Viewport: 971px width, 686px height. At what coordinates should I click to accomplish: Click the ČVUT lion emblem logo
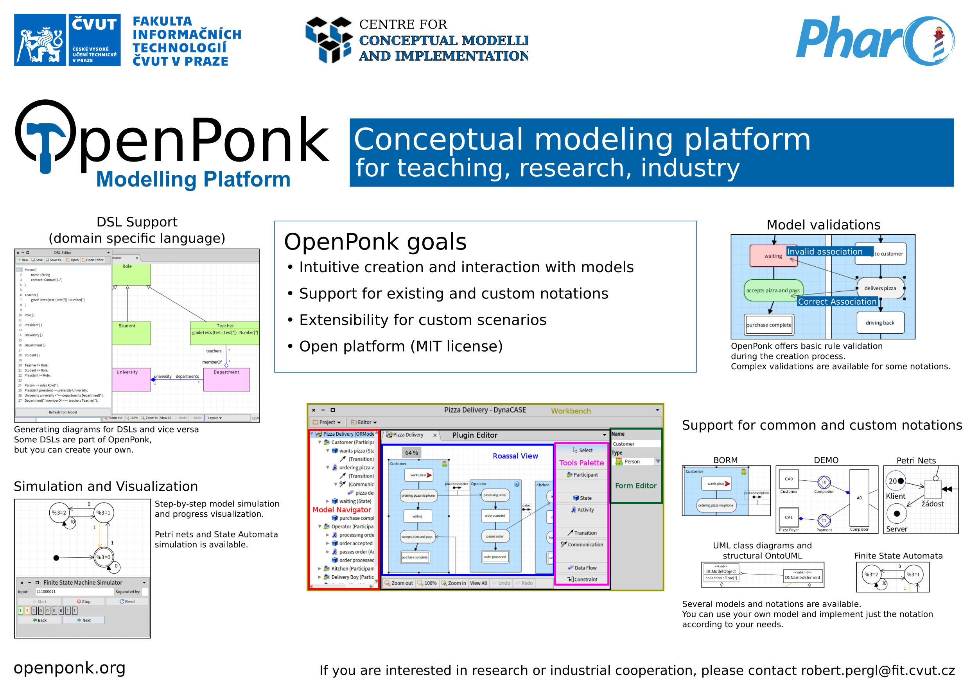(x=41, y=40)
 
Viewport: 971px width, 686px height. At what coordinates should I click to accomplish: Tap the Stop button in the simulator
(x=84, y=602)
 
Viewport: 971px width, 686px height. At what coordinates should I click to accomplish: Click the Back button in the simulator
(x=40, y=620)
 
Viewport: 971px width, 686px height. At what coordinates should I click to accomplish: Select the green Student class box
(x=131, y=333)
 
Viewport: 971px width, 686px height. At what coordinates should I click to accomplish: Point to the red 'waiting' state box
(x=773, y=256)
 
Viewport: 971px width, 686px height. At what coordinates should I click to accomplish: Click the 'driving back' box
(x=880, y=323)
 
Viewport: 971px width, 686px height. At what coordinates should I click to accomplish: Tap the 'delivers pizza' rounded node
(x=880, y=288)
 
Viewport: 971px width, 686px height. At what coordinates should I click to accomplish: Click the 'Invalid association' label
(x=825, y=251)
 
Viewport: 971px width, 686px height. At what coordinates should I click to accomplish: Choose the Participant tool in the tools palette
(x=582, y=475)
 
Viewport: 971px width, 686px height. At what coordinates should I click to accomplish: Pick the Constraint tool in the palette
(x=582, y=579)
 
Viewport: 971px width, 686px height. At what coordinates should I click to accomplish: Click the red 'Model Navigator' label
(x=342, y=510)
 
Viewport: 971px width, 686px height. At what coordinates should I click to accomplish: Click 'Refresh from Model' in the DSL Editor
(x=63, y=412)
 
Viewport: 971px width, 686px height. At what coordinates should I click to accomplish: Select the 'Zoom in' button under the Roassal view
(x=453, y=583)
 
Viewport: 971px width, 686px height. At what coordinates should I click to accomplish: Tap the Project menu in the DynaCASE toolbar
(x=327, y=422)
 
